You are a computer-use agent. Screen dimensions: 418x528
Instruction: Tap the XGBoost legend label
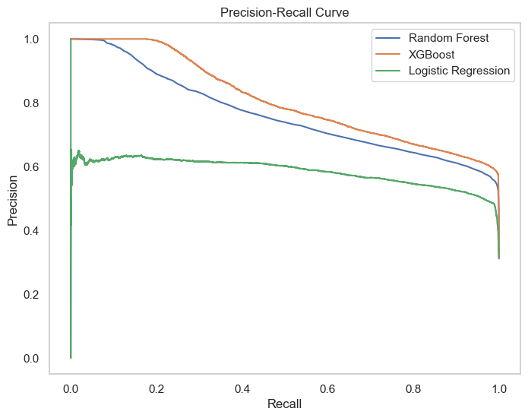click(432, 55)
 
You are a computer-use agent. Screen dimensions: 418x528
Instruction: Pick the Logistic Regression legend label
click(459, 71)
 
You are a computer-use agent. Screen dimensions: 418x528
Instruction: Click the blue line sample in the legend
click(386, 38)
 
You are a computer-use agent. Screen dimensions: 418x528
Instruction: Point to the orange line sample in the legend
click(386, 55)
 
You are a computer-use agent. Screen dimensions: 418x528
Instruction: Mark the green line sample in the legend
click(386, 71)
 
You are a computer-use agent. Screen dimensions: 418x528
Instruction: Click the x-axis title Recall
click(284, 404)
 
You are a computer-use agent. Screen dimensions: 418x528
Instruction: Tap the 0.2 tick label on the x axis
click(156, 388)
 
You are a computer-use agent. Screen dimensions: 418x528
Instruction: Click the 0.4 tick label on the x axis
click(242, 388)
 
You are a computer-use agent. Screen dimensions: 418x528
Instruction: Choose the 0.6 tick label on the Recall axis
click(327, 388)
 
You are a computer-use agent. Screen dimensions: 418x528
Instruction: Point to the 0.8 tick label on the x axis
click(413, 388)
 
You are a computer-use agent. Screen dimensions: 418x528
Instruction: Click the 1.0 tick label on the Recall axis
click(499, 388)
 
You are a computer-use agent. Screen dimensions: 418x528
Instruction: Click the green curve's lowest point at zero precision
click(70, 357)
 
